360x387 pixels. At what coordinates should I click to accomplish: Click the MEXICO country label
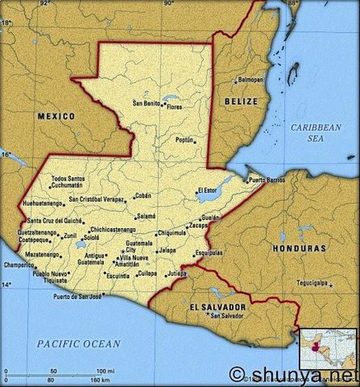(x=56, y=116)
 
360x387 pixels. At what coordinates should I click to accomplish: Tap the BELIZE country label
(x=242, y=102)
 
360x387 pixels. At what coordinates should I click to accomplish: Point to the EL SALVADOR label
(x=217, y=307)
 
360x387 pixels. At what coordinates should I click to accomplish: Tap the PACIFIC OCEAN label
(x=79, y=343)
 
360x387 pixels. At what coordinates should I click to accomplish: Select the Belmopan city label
(x=250, y=81)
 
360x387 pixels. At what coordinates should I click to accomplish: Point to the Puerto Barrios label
(x=267, y=179)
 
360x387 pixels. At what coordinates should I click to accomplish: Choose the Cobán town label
(x=143, y=195)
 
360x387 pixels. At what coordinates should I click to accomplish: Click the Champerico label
(x=19, y=264)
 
